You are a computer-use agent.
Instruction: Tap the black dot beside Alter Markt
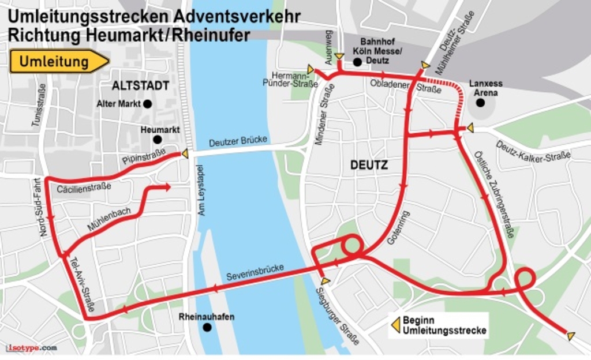pyautogui.click(x=147, y=104)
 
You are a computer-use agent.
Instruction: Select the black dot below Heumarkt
pyautogui.click(x=157, y=139)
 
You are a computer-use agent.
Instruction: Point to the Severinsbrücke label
pyautogui.click(x=255, y=271)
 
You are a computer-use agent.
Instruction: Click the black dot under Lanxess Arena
pyautogui.click(x=480, y=103)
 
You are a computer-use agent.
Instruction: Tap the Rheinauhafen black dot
pyautogui.click(x=207, y=327)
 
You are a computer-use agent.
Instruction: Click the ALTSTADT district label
pyautogui.click(x=140, y=86)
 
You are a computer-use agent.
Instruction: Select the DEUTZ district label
pyautogui.click(x=369, y=165)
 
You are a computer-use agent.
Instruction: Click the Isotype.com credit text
pyautogui.click(x=31, y=348)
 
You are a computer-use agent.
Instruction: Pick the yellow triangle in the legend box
pyautogui.click(x=396, y=325)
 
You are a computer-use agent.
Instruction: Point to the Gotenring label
pyautogui.click(x=398, y=228)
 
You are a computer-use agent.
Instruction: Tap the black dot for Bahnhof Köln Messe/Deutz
pyautogui.click(x=357, y=62)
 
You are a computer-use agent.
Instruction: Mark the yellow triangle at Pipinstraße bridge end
pyautogui.click(x=185, y=153)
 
